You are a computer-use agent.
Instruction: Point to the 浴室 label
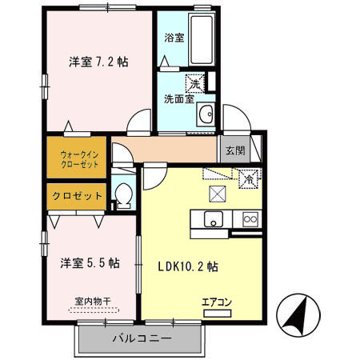coord(174,37)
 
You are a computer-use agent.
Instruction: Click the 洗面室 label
coord(178,99)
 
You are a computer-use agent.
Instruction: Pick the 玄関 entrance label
coord(234,150)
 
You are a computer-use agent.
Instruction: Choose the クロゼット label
coord(77,196)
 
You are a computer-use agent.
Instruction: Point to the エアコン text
coord(216,302)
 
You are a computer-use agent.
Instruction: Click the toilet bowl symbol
coord(123,195)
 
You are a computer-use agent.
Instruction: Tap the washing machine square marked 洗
coord(195,82)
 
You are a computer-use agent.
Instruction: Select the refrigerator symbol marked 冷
coord(248,180)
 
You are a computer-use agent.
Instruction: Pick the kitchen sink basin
coord(214,220)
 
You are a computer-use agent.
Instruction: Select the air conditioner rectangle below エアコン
coord(216,314)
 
